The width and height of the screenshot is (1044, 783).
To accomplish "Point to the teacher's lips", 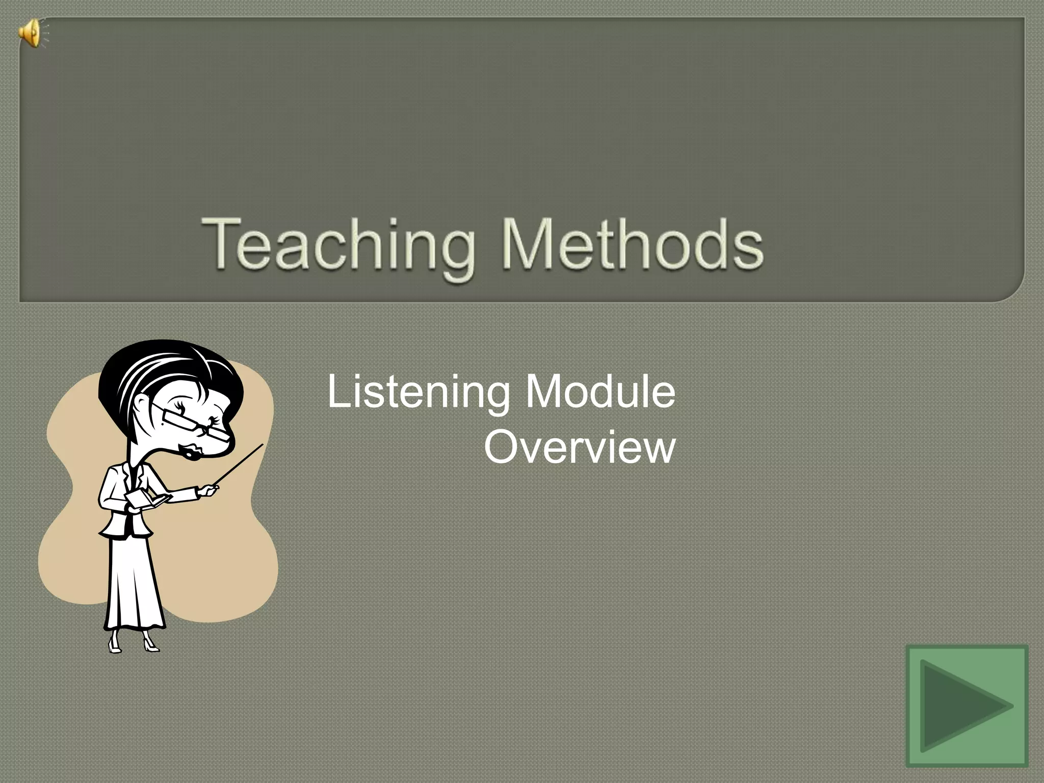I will click(x=195, y=451).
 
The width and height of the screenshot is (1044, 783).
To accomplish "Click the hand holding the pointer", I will click(x=208, y=490).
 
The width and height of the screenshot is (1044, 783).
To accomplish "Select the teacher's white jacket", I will click(x=122, y=505).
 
